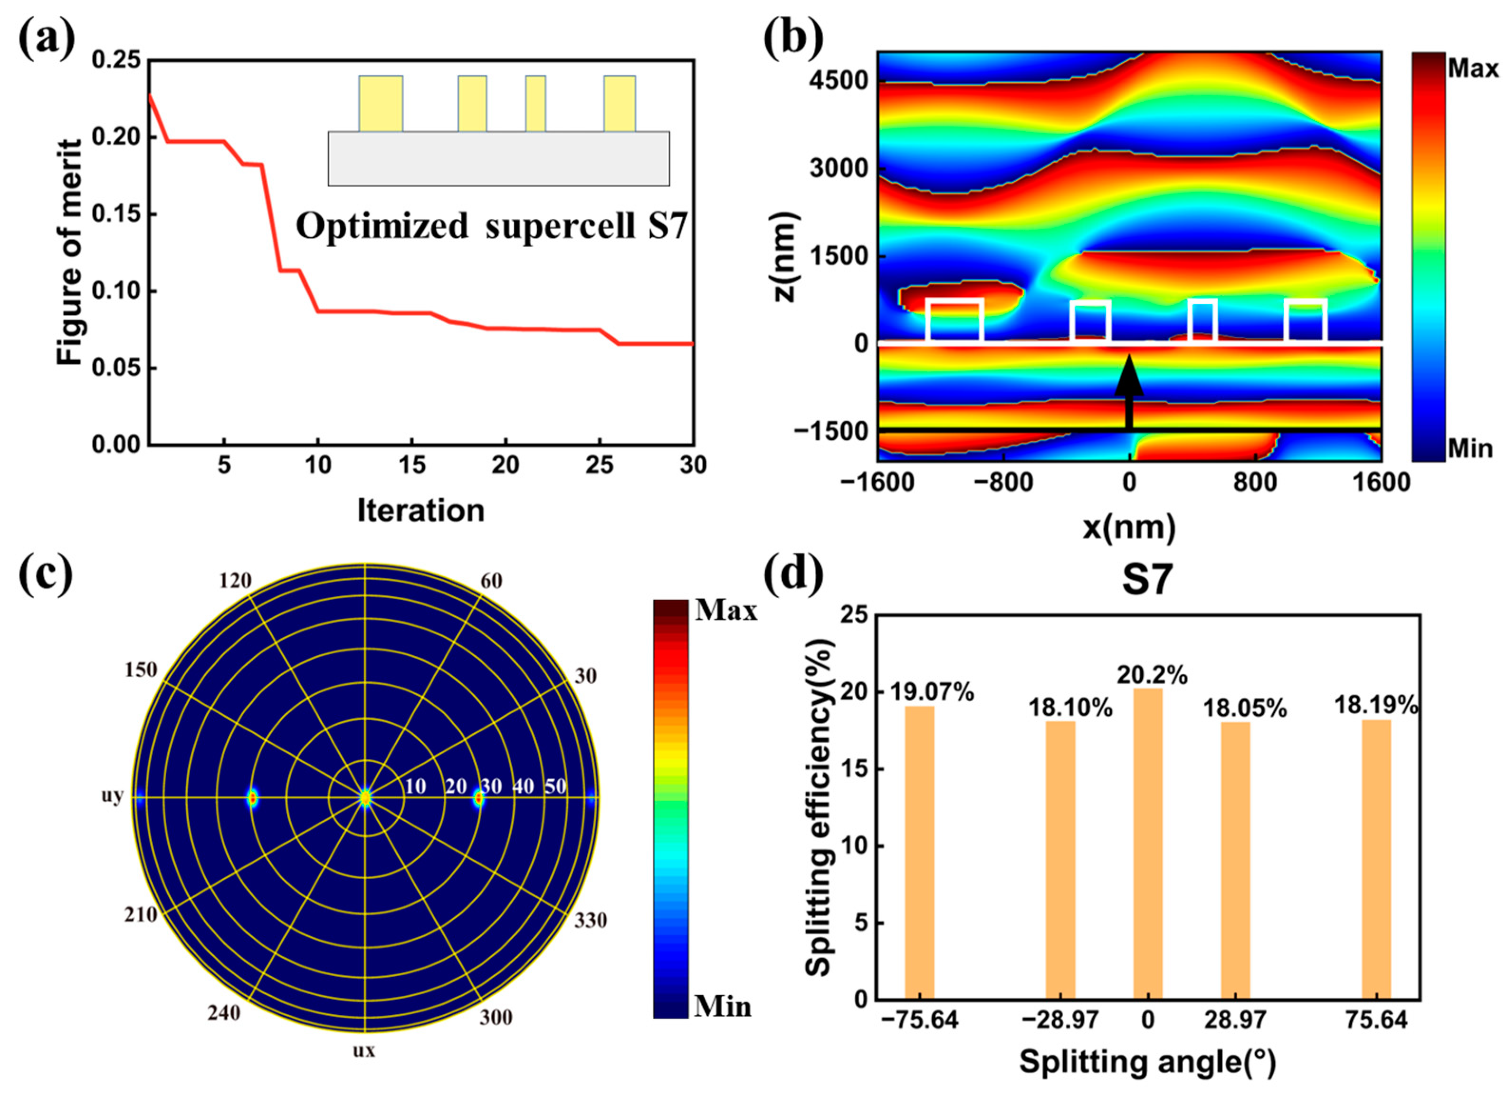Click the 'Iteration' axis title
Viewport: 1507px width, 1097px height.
pyautogui.click(x=420, y=511)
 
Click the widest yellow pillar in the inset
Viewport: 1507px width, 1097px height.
pyautogui.click(x=381, y=103)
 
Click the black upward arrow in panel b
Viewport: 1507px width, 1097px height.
pyautogui.click(x=1129, y=392)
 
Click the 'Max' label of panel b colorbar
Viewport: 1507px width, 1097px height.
pyautogui.click(x=1472, y=68)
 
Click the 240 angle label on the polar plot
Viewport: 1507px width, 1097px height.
pyautogui.click(x=224, y=1013)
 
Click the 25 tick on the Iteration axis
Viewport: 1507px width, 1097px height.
pyautogui.click(x=600, y=466)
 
